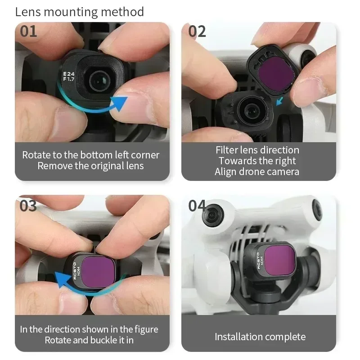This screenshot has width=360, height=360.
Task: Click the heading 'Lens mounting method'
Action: click(80, 12)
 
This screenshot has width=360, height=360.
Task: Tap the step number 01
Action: click(29, 32)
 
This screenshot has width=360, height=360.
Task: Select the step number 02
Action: click(197, 32)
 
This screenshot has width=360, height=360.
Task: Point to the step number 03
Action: click(28, 206)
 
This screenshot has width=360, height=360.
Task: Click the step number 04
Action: click(197, 206)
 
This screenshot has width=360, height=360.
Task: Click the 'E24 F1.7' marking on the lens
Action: click(69, 77)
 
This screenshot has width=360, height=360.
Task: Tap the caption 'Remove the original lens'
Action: click(90, 166)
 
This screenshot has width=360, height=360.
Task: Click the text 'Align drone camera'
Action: click(257, 171)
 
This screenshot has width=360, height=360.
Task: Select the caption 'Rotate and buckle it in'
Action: click(89, 340)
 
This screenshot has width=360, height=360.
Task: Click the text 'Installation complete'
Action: click(260, 337)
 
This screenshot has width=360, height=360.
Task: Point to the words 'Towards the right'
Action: click(257, 161)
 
